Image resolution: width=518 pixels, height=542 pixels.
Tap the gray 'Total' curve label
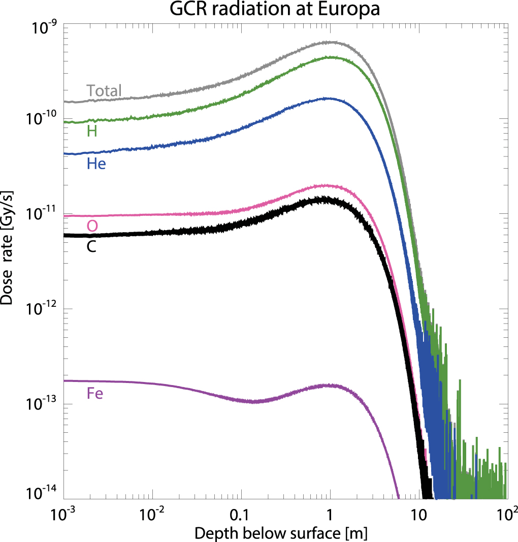104,91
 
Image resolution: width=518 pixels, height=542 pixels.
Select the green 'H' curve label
92,132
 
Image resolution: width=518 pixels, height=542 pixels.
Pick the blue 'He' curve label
96,164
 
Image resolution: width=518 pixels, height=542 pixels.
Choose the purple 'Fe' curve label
94,394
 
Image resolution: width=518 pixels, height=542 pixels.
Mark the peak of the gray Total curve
330,43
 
